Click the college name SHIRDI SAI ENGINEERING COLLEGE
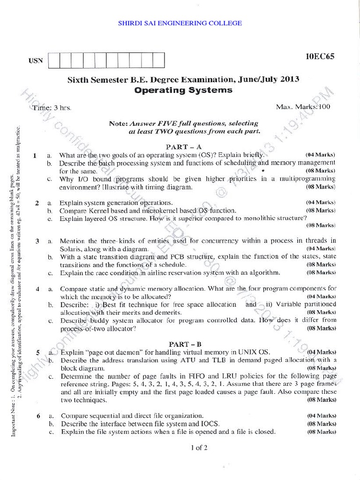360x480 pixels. (180, 22)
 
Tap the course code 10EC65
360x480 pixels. (320, 57)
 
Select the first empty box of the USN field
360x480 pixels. (54, 60)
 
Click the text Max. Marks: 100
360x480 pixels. (303, 107)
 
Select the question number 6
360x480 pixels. (37, 416)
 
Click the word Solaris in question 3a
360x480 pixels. (70, 249)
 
